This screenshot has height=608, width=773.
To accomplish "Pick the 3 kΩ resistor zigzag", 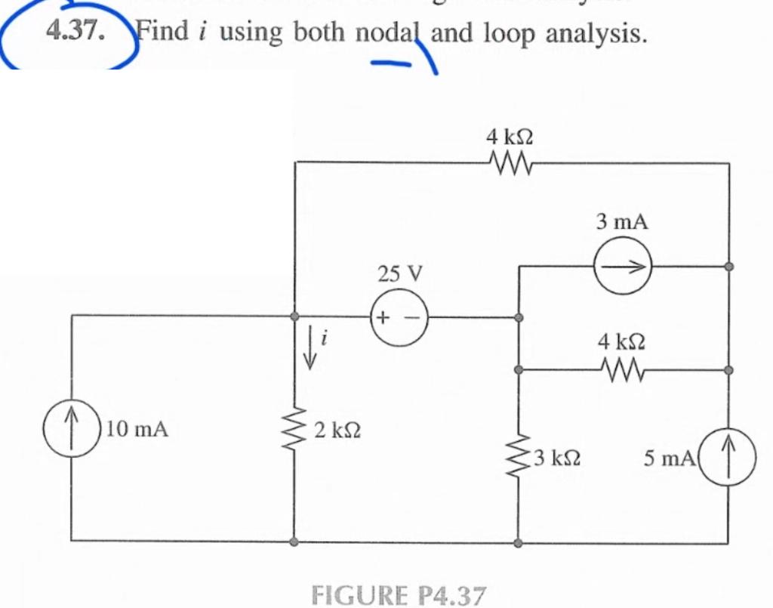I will pos(518,456).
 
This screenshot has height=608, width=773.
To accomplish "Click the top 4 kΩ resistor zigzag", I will pos(510,162).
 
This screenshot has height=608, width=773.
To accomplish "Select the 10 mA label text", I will pos(137,431).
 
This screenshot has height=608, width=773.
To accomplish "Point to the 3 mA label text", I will pos(621,222).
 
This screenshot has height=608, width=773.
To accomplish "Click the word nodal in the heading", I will pos(390,32).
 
